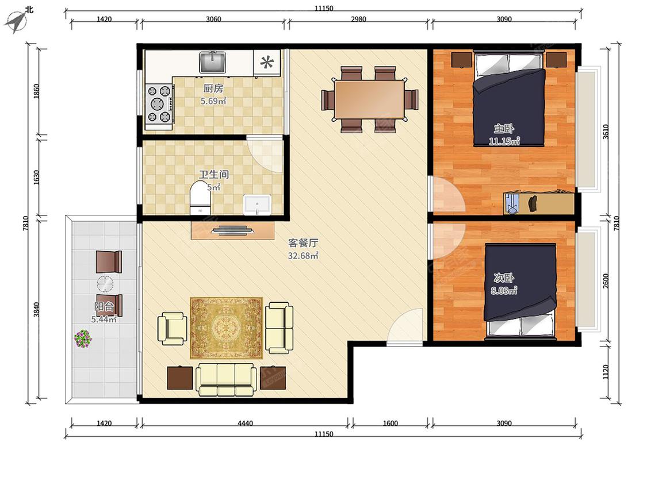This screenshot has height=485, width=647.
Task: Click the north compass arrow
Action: (15, 21)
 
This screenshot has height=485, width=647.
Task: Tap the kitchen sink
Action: (212, 62)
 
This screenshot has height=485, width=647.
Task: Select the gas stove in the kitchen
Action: (159, 104)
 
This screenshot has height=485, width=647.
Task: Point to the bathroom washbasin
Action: (257, 205)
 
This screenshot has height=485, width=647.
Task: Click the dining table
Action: (369, 99)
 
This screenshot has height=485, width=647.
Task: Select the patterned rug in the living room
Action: (226, 328)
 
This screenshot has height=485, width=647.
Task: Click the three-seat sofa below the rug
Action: (225, 379)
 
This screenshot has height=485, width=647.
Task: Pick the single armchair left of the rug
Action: (172, 328)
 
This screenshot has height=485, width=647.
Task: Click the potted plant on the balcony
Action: (83, 338)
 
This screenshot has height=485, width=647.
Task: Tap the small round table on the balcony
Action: (105, 284)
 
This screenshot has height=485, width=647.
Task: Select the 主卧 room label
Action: (504, 128)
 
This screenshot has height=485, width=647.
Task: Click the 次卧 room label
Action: (504, 278)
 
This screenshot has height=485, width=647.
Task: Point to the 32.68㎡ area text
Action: (303, 256)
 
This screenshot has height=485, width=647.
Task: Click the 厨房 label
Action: (213, 88)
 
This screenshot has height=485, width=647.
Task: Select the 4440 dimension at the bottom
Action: (245, 423)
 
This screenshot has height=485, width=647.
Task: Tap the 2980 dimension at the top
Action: (358, 19)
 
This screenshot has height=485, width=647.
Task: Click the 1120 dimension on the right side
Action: (606, 372)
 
